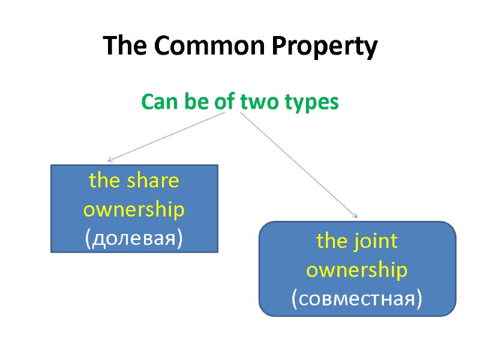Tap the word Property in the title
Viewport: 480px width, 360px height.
click(x=324, y=47)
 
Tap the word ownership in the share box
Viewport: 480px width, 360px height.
click(x=134, y=210)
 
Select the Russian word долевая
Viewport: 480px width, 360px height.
click(x=134, y=238)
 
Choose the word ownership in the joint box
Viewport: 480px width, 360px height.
click(x=357, y=271)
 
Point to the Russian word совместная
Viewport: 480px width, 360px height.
click(x=357, y=298)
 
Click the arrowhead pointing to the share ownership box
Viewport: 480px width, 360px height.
click(x=110, y=160)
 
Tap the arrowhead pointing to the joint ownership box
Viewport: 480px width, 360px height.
click(x=355, y=215)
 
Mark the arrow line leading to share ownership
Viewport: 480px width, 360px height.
click(x=168, y=137)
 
